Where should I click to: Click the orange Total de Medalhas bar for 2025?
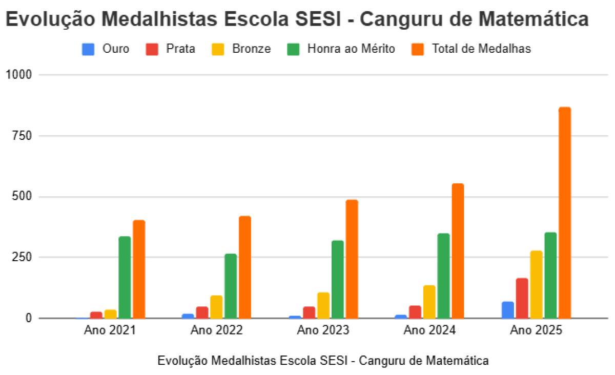[x=564, y=213]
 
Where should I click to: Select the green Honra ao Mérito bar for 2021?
[x=125, y=277]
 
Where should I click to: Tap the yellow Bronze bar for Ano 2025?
[x=536, y=284]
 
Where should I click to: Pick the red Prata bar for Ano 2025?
[x=522, y=298]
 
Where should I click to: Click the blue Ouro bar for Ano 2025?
[x=507, y=310]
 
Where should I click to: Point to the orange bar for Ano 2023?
[x=352, y=259]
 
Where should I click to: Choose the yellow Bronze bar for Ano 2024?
[x=429, y=302]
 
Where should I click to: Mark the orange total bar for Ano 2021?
[x=139, y=269]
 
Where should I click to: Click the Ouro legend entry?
[x=106, y=49]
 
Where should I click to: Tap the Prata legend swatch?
[x=152, y=49]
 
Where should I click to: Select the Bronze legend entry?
[x=241, y=49]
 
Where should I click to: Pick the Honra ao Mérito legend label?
[x=351, y=49]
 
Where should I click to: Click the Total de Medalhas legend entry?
[x=471, y=49]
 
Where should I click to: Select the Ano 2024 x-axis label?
[x=429, y=330]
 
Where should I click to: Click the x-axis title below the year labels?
[x=323, y=361]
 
